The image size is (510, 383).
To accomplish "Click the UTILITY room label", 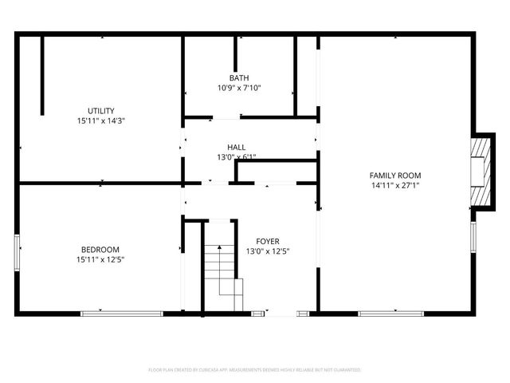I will (x=101, y=110).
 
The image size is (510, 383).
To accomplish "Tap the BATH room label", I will (x=239, y=77).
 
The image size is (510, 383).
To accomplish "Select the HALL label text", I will (x=236, y=147).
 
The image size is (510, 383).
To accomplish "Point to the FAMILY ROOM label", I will (x=394, y=175).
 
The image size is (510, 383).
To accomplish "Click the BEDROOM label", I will (x=100, y=248).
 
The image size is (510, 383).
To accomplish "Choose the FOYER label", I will (x=267, y=241).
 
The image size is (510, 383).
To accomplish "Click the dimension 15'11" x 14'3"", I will (x=101, y=120).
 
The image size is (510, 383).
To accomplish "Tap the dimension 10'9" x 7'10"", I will (x=239, y=88).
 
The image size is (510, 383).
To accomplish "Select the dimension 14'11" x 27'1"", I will (x=394, y=185).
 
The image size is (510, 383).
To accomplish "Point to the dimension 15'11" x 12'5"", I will (x=100, y=259).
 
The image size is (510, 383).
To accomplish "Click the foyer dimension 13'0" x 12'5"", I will (x=267, y=251).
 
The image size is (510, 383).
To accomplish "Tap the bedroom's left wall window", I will (x=17, y=252).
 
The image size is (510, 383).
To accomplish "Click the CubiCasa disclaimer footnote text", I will (x=255, y=370).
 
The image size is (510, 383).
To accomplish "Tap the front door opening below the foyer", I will (x=279, y=313).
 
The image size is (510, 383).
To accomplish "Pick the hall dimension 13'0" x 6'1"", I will (x=236, y=157).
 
